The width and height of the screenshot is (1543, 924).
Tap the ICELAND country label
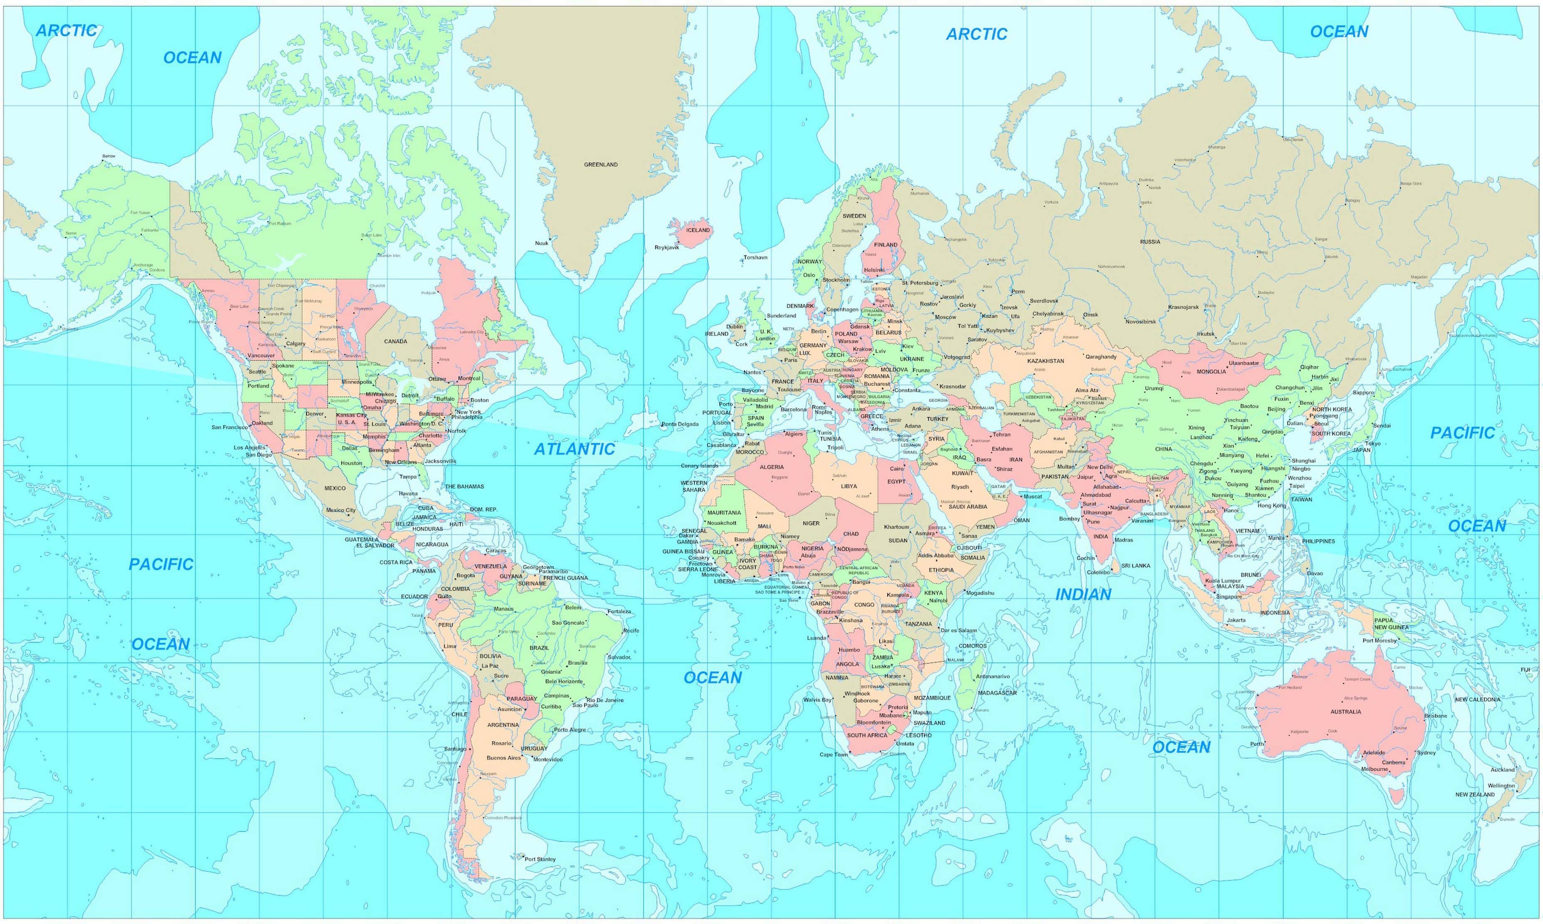pos(697,230)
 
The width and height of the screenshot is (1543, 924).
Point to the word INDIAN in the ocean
pos(1083,595)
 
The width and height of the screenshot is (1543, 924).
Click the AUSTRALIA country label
pos(1345,712)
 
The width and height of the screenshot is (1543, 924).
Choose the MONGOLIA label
pos(1211,372)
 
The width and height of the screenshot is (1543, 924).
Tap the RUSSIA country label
pos(1150,242)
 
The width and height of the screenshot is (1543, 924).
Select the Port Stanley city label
pos(540,859)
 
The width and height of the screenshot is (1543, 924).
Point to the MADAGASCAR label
pos(997,693)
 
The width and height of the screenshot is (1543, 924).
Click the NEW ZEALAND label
pos(1474,795)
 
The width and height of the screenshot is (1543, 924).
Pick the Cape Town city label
pos(833,755)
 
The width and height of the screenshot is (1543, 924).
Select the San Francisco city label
pos(229,427)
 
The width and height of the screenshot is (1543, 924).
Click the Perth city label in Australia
pos(1256,744)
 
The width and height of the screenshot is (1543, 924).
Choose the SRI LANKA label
pos(1136,566)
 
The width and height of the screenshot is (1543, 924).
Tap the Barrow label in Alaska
pos(109,156)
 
